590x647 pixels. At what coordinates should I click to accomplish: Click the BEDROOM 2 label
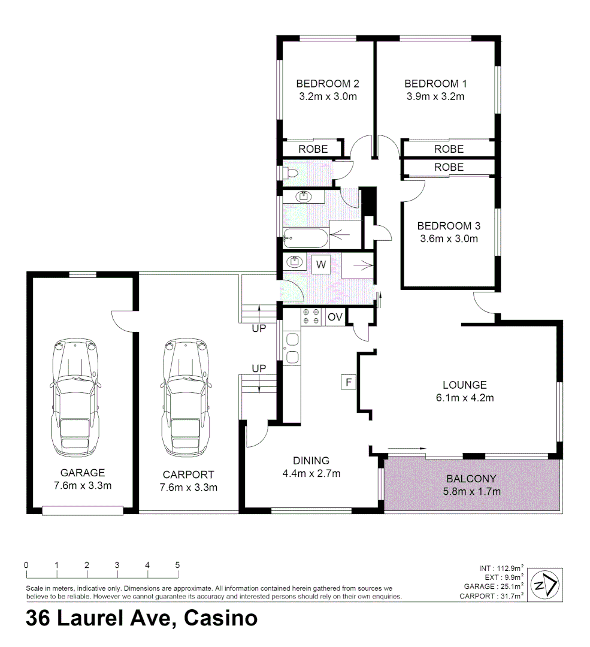[x=328, y=83]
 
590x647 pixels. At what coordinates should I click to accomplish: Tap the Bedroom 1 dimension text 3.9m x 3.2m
[x=435, y=96]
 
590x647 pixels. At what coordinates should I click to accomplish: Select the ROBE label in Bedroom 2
[x=313, y=149]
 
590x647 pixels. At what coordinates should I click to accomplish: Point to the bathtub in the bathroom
[x=305, y=239]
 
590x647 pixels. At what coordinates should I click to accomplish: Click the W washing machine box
[x=321, y=264]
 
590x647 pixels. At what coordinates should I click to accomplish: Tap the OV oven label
[x=335, y=316]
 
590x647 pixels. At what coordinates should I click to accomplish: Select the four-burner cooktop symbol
[x=310, y=316]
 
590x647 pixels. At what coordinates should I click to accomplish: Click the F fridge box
[x=348, y=381]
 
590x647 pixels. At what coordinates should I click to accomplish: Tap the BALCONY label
[x=471, y=479]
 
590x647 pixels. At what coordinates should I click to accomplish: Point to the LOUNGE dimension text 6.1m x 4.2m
[x=464, y=397]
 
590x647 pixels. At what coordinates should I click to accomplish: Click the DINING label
[x=311, y=461]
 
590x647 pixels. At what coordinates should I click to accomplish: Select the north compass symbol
[x=546, y=584]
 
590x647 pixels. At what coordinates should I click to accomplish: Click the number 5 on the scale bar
[x=177, y=565]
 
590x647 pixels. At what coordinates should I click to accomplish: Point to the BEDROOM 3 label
[x=449, y=226]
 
